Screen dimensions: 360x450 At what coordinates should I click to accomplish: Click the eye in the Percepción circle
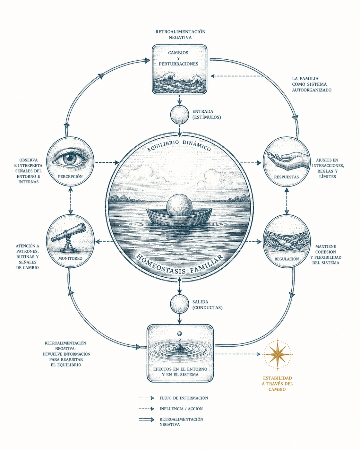70,159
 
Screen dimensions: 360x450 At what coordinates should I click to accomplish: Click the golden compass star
278,354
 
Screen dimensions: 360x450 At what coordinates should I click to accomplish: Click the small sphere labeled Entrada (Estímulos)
179,115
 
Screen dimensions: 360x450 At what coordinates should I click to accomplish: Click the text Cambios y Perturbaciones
178,58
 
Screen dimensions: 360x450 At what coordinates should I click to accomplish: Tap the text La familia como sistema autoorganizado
312,84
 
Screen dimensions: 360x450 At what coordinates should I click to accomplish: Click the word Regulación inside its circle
287,259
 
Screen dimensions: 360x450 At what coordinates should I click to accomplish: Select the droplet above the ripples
179,333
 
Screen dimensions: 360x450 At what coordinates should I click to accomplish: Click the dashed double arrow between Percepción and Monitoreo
71,200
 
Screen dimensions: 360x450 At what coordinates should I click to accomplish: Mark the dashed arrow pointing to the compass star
238,354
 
